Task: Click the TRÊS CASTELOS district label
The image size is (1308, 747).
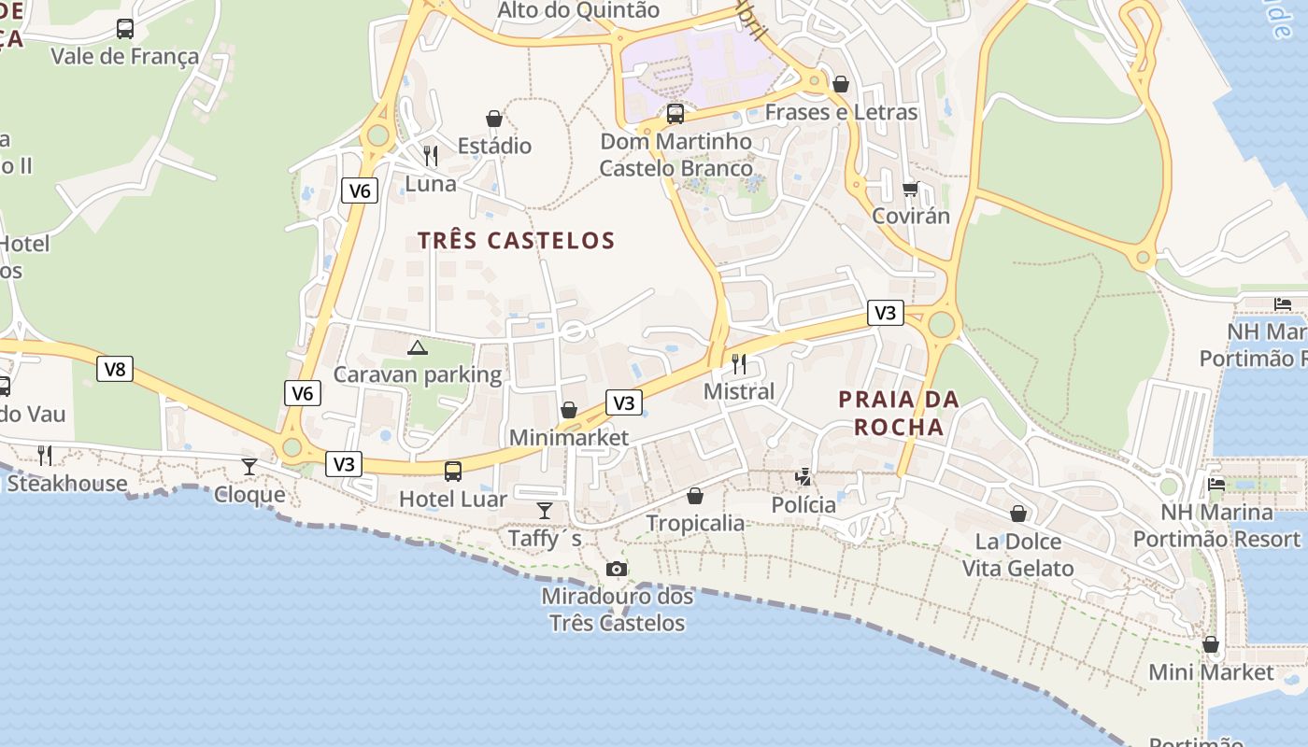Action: click(516, 241)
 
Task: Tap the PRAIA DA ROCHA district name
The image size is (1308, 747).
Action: click(899, 413)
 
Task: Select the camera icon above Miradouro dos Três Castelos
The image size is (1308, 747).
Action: click(616, 569)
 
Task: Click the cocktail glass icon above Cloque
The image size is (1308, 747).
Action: click(249, 466)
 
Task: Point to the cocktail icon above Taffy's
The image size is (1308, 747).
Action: click(545, 510)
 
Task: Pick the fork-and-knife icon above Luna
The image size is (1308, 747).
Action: click(431, 155)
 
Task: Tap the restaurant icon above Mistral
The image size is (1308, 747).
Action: click(739, 363)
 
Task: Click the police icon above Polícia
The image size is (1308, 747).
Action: click(803, 477)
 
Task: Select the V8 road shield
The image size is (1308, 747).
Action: click(115, 369)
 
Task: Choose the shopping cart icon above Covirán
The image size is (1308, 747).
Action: click(911, 189)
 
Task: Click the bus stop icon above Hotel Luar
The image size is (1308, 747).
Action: click(453, 472)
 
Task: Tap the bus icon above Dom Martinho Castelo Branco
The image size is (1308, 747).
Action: click(675, 114)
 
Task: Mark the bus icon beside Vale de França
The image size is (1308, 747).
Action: click(125, 29)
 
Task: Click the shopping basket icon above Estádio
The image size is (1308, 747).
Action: click(494, 119)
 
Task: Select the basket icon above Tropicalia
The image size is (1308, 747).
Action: click(695, 495)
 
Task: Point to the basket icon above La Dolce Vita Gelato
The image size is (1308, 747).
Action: click(1018, 514)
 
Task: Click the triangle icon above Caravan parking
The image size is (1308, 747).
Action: click(417, 348)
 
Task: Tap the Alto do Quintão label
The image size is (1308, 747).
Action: click(578, 10)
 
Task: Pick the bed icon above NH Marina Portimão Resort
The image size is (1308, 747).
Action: click(1216, 484)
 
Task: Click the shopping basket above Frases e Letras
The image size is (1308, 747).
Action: click(841, 84)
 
